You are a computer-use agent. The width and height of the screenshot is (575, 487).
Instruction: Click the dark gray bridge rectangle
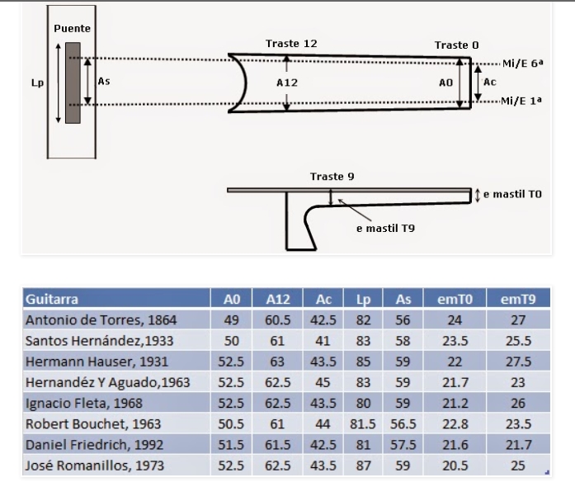(x=73, y=83)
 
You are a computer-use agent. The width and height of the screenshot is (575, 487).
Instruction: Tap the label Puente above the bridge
(x=73, y=28)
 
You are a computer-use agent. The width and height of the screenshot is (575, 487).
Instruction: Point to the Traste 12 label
(x=291, y=44)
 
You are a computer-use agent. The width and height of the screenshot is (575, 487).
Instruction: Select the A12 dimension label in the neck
(x=285, y=83)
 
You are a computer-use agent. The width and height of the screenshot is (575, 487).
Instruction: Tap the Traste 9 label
(x=332, y=177)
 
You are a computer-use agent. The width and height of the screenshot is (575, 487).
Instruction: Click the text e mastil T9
(x=385, y=227)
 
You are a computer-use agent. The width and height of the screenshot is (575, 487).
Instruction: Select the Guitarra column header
(x=52, y=299)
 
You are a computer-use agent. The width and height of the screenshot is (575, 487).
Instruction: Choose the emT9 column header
(x=518, y=299)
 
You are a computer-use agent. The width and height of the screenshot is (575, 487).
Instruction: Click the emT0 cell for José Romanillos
(x=455, y=466)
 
